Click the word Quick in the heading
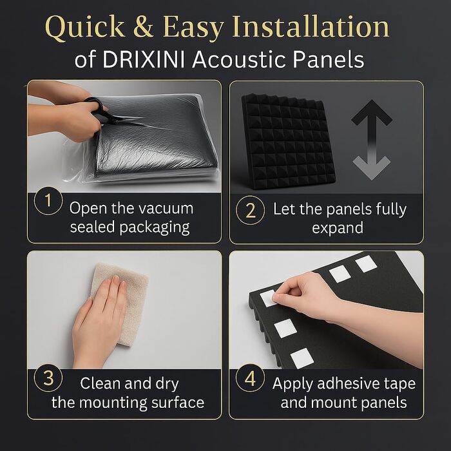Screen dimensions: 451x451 [85, 27]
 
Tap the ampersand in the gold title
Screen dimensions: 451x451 [143, 26]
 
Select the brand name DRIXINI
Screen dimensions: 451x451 [143, 59]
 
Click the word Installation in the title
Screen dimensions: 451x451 [311, 26]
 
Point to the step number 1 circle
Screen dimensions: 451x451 [48, 201]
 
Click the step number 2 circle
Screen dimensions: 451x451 [250, 210]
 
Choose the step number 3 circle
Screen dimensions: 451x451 [48, 378]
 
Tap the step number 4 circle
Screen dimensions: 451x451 [250, 378]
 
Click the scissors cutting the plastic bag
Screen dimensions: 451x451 [104, 112]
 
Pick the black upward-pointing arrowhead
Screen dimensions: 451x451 [372, 113]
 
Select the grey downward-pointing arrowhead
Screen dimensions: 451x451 [372, 168]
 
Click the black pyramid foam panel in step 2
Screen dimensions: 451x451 [287, 141]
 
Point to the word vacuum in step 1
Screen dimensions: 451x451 [169, 208]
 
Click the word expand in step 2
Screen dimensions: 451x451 [338, 228]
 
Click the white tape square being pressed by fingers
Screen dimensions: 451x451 [268, 298]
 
